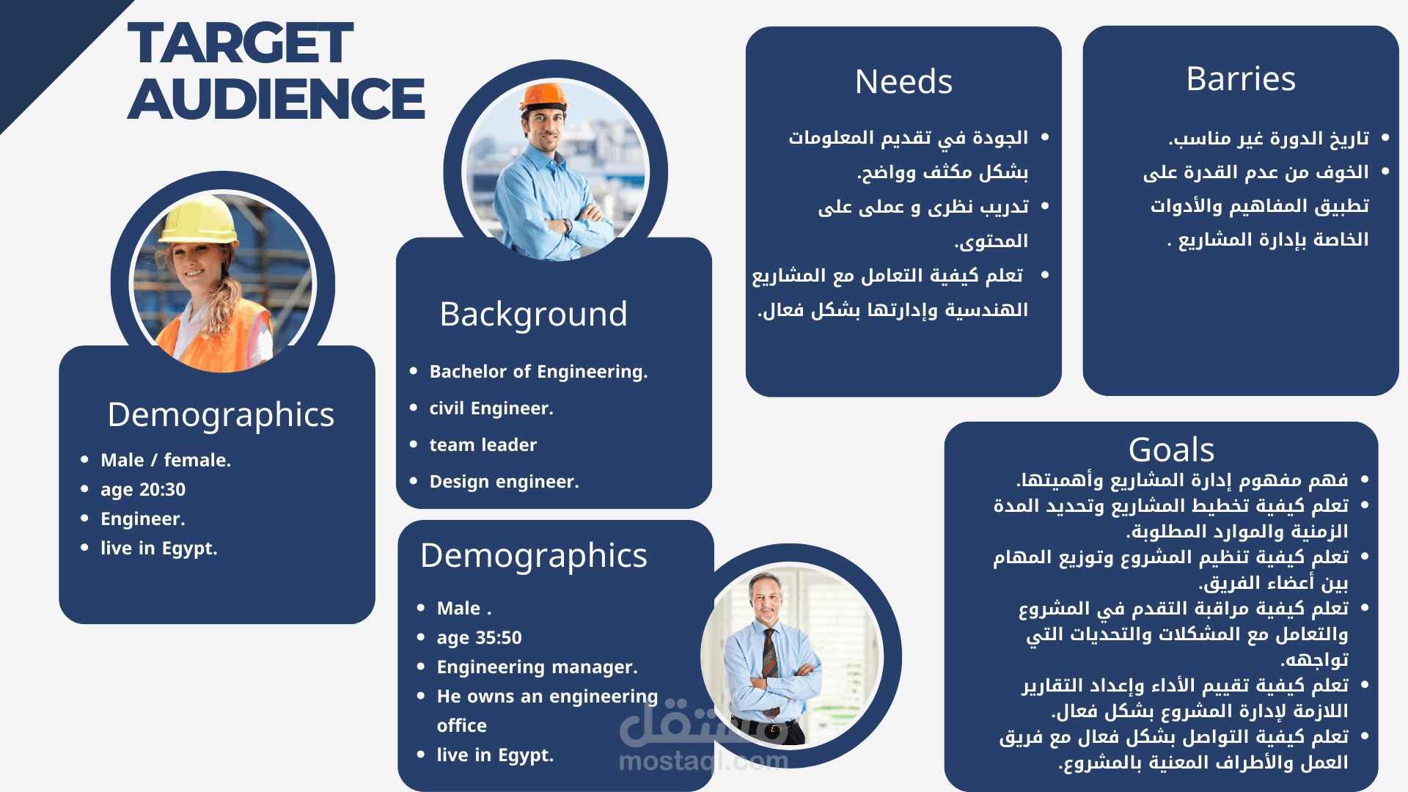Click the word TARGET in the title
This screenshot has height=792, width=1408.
[x=241, y=43]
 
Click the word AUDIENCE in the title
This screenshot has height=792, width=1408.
[x=276, y=99]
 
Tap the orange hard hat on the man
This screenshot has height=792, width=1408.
[x=543, y=96]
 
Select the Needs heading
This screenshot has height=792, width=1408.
[x=903, y=81]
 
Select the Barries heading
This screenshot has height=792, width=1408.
[x=1241, y=78]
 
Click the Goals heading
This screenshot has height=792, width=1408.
[x=1171, y=450]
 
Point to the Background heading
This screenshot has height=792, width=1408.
[x=534, y=315]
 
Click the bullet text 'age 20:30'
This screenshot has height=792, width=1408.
[x=143, y=490]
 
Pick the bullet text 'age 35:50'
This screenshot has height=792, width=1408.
[x=480, y=638]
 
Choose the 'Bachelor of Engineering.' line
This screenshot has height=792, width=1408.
[x=539, y=372]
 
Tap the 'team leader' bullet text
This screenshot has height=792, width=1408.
[x=483, y=445]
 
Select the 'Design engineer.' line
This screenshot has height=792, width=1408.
[x=505, y=482]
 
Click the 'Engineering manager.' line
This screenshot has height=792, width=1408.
[x=538, y=667]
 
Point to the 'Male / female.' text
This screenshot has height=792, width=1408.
[x=166, y=461]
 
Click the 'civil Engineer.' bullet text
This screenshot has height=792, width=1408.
[x=491, y=408]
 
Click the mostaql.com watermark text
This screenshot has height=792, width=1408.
[x=704, y=761]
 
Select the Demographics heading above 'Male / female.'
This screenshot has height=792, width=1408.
[x=221, y=415]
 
